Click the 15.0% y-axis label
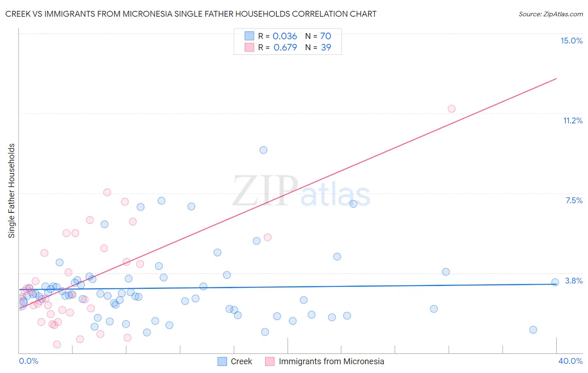tap(571, 41)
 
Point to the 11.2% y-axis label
tap(573, 120)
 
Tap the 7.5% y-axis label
tap(574, 200)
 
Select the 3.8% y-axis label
tap(574, 281)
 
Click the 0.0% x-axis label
tap(28, 361)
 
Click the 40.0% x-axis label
tap(570, 361)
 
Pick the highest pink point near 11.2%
tap(451, 109)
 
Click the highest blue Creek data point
tap(263, 150)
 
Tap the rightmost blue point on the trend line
tap(555, 282)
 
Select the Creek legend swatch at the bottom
tap(222, 361)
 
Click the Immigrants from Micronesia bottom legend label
tap(331, 361)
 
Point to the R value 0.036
tap(284, 36)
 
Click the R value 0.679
tap(285, 48)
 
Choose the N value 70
tap(325, 36)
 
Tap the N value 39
tap(326, 48)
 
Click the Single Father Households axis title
tap(11, 191)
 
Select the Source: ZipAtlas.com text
tap(550, 14)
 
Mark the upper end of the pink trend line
tap(556, 79)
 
